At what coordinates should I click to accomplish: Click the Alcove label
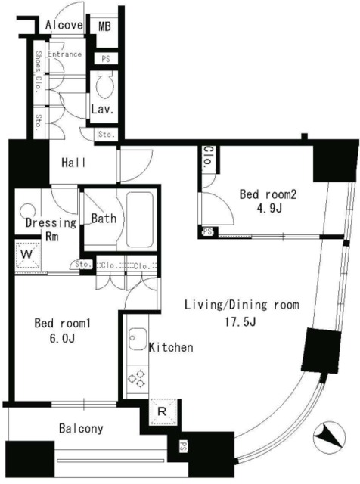click(64, 25)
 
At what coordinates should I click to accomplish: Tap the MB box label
click(105, 26)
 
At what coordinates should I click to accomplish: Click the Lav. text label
click(102, 110)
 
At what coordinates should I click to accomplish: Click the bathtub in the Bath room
click(139, 218)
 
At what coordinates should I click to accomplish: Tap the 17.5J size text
click(241, 322)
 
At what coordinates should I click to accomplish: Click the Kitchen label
click(170, 348)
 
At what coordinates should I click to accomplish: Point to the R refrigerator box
click(162, 412)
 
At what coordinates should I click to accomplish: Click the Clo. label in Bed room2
click(206, 158)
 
